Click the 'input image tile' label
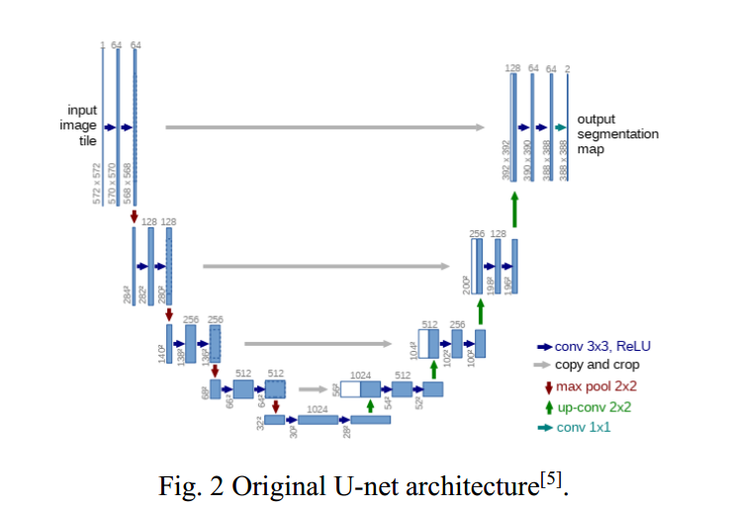pyautogui.click(x=82, y=126)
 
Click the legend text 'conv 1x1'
pyautogui.click(x=583, y=427)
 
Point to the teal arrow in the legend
pyautogui.click(x=544, y=427)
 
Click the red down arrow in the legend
pyautogui.click(x=546, y=386)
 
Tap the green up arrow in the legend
pyautogui.click(x=546, y=407)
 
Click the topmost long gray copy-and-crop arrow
pyautogui.click(x=324, y=127)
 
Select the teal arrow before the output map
pyautogui.click(x=560, y=127)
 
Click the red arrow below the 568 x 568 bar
pyautogui.click(x=134, y=214)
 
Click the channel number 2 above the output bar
pyautogui.click(x=567, y=69)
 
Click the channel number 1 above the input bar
pyautogui.click(x=102, y=44)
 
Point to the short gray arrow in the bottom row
pyautogui.click(x=314, y=389)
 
